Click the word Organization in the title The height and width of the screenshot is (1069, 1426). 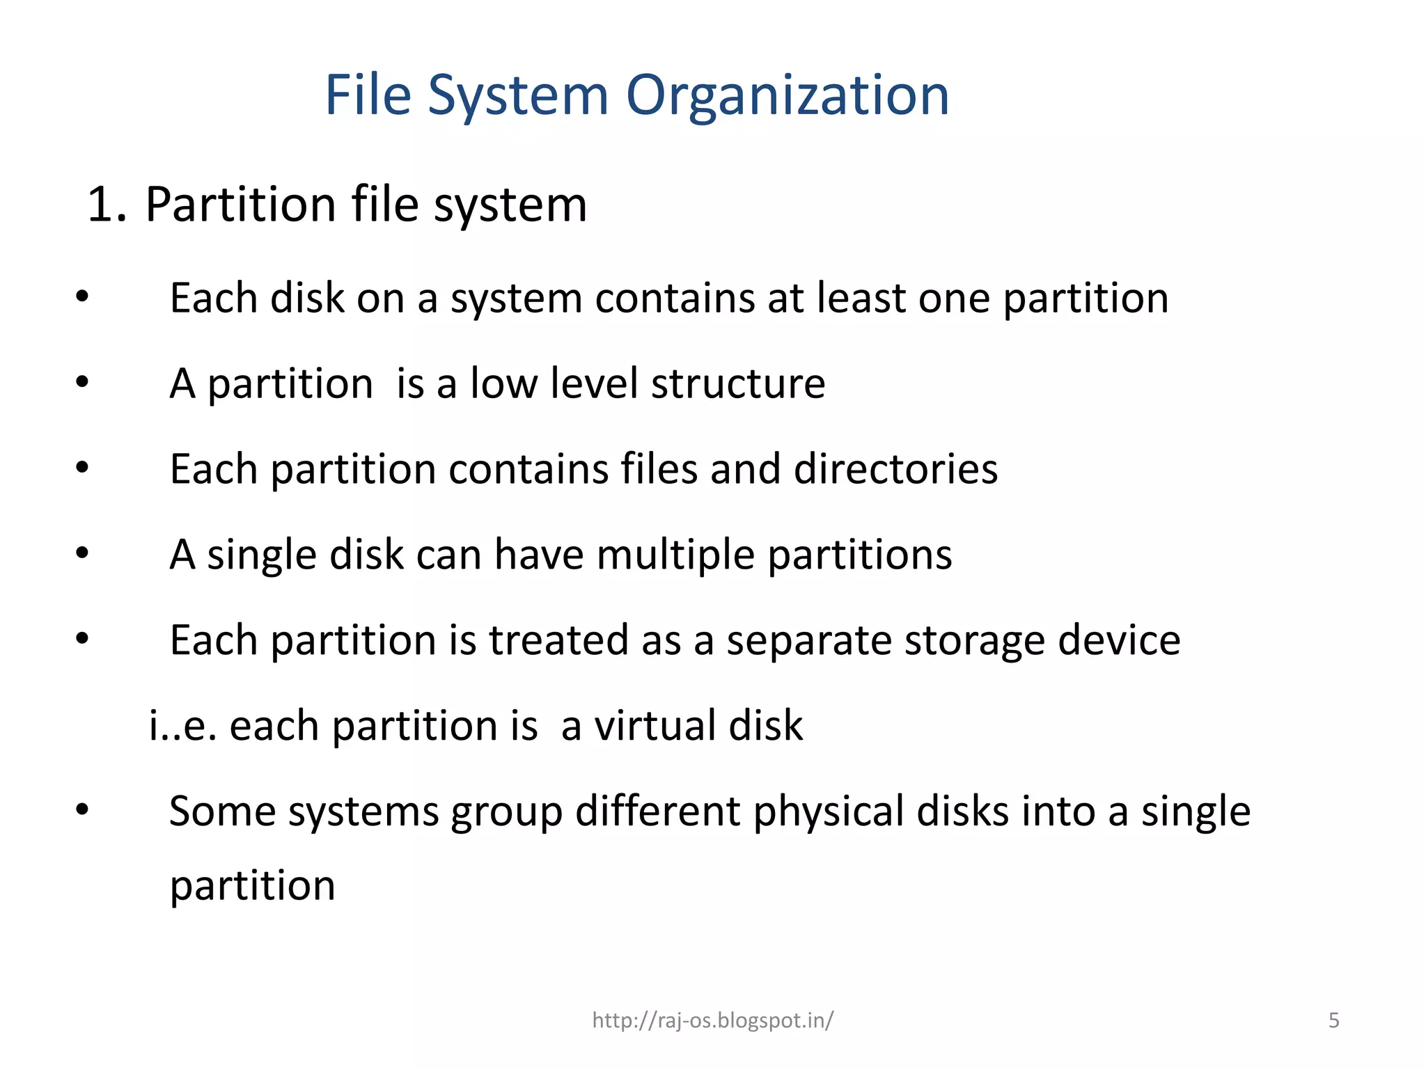[787, 96]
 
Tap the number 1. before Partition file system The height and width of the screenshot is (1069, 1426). [107, 205]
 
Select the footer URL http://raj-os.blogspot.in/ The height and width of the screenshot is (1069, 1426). [712, 1020]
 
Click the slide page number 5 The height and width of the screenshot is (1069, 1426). [1333, 1020]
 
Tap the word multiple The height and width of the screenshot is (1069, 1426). [675, 555]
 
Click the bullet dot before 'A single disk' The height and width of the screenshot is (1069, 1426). [83, 553]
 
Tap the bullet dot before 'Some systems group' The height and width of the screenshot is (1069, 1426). [83, 809]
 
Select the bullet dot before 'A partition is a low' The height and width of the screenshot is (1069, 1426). [83, 381]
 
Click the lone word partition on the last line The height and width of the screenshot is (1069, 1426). [252, 887]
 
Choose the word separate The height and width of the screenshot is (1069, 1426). [808, 641]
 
